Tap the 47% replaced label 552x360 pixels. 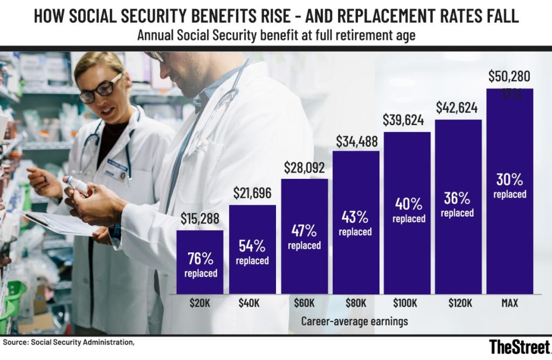coord(304,237)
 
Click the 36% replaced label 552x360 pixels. coord(457,205)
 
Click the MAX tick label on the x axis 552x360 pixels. coord(509,303)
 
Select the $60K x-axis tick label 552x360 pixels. coord(305,303)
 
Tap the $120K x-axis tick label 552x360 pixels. coord(459,303)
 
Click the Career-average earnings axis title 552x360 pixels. coord(354,321)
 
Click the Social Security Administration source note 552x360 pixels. coord(67,342)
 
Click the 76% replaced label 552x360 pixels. coord(201,264)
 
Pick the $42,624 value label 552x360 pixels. coord(458,109)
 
